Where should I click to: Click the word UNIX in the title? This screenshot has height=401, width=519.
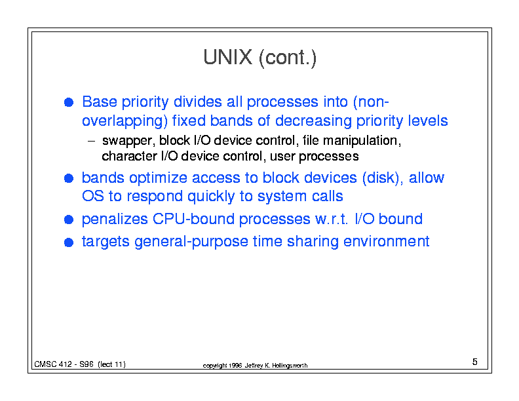pos(227,57)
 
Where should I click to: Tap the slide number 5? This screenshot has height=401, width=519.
pos(474,362)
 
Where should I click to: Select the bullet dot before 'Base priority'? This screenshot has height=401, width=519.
pos(69,102)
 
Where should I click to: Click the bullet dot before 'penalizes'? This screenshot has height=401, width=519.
pos(69,220)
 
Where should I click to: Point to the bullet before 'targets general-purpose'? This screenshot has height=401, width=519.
pos(69,242)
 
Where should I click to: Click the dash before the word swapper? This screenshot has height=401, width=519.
pos(91,142)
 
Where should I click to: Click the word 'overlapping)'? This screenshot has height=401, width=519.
pos(125,121)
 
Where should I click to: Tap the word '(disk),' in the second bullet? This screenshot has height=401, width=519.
pos(383,178)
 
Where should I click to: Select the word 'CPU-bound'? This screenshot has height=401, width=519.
pos(193,219)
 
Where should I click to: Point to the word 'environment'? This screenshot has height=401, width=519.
pos(386,241)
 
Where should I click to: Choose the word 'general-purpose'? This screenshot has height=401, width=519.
pos(191,242)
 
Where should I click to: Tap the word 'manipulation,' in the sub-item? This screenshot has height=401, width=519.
pos(362,141)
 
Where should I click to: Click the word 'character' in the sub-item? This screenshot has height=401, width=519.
pos(129,156)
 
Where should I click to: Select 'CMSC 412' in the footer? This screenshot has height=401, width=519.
pos(53,364)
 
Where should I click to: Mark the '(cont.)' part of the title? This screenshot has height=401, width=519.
pos(288,58)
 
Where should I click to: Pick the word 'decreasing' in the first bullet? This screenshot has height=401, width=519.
pos(313,121)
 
